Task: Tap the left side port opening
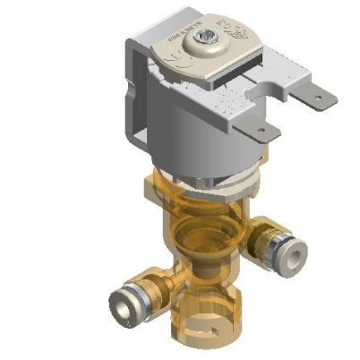[120, 306]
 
